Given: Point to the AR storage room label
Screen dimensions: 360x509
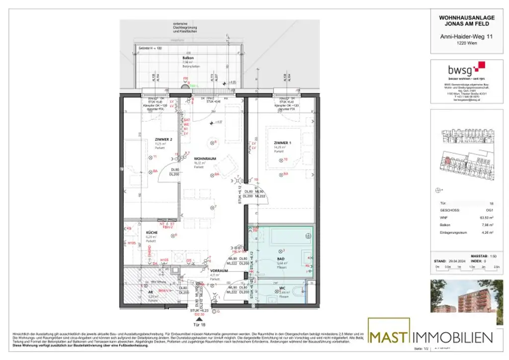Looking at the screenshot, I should click(150, 292).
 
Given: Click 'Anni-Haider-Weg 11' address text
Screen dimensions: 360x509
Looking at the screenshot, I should click(467, 36).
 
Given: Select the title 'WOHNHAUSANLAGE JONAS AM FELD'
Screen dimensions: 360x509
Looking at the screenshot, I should click(467, 20).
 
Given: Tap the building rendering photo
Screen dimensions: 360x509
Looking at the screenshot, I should click(467, 297).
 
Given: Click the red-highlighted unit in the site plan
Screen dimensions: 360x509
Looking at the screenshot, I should click(447, 160).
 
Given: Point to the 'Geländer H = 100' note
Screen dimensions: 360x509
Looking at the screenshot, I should click(151, 48).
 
